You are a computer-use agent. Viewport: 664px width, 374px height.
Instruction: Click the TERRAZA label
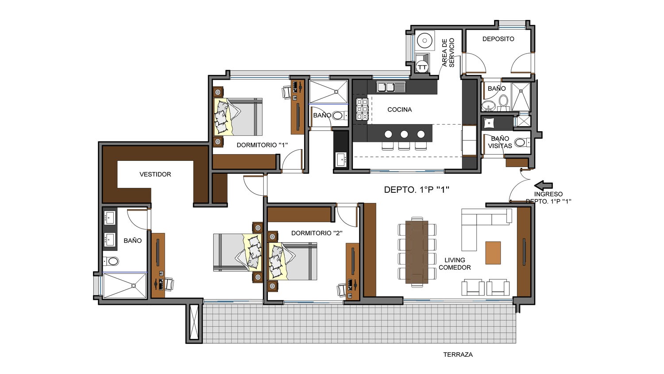[x=458, y=355]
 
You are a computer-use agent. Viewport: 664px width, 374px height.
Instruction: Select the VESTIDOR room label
[x=155, y=174]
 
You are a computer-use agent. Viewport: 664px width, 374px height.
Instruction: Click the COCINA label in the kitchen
[x=399, y=109]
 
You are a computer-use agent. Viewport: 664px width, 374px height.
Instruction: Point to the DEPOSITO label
[x=498, y=39]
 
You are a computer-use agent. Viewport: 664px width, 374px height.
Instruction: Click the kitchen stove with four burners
[x=362, y=109]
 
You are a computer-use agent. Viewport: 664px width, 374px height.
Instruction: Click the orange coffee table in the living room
[x=493, y=253]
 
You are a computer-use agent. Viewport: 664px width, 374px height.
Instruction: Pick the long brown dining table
[x=417, y=252]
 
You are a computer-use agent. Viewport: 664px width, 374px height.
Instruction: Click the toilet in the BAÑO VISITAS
[x=521, y=143]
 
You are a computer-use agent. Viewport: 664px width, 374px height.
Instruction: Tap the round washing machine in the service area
[x=425, y=41]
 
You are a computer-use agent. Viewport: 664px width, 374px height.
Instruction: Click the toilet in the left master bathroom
[x=113, y=261]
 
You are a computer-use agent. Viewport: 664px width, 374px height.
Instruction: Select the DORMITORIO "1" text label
[x=262, y=145]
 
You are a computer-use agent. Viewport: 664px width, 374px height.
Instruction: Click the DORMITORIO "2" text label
[x=317, y=233]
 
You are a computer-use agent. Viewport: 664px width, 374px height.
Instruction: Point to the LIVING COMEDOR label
[x=455, y=264]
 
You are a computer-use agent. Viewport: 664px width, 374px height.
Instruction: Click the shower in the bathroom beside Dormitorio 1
[x=328, y=92]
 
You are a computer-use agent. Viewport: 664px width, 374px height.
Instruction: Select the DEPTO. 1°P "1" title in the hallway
[x=417, y=190]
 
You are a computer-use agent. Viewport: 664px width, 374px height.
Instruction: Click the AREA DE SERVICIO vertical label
[x=448, y=52]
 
